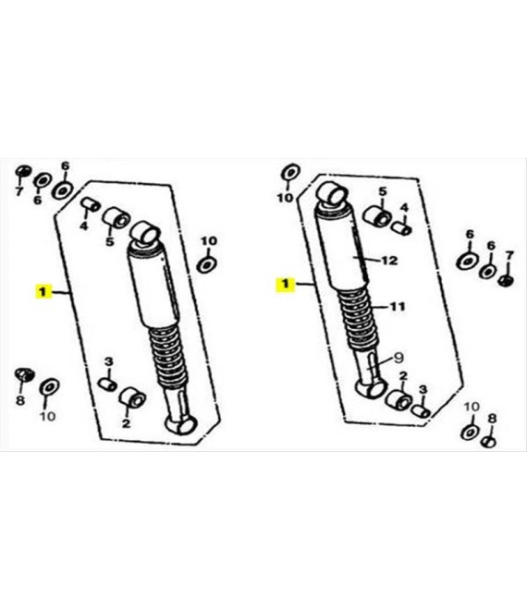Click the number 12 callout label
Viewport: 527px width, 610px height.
point(389,261)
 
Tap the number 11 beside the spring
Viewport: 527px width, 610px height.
point(398,307)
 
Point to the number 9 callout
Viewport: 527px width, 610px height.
point(398,358)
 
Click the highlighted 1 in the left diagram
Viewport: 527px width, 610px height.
point(43,292)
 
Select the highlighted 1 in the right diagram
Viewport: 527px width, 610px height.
point(286,285)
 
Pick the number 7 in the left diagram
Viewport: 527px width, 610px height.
point(18,191)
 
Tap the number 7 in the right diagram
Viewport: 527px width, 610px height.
point(509,256)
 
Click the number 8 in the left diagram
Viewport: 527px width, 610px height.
point(20,400)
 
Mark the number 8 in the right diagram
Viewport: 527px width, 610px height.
point(493,419)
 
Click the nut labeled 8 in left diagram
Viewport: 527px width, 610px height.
point(24,374)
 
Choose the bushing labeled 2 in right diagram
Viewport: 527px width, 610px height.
point(398,400)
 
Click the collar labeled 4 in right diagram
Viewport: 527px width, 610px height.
point(401,228)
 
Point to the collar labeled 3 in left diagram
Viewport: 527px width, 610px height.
point(107,384)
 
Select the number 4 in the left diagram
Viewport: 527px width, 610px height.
point(84,226)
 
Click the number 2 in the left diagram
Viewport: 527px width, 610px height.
point(126,423)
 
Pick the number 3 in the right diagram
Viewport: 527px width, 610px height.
point(423,389)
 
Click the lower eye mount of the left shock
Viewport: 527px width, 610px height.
point(181,423)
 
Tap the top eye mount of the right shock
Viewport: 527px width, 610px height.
point(332,193)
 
